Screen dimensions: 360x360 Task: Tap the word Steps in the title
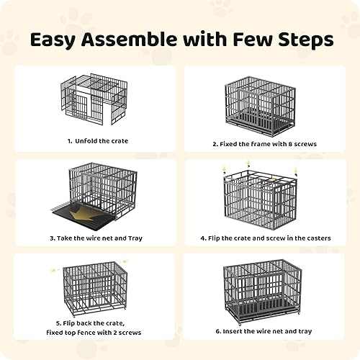pyautogui.click(x=301, y=40)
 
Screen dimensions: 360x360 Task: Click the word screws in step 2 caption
pyautogui.click(x=302, y=144)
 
